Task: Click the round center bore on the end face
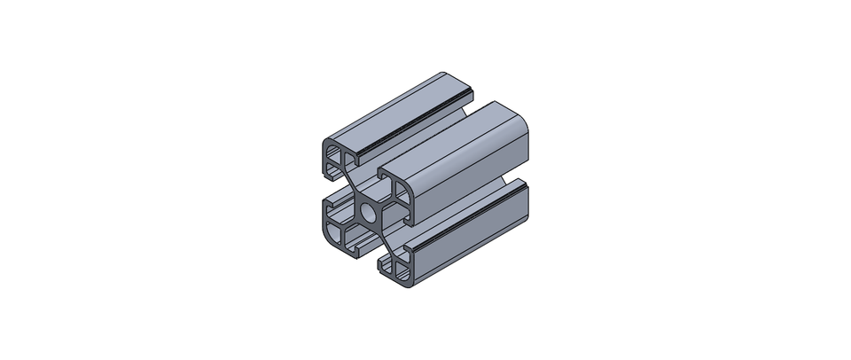(x=369, y=214)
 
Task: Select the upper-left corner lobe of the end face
(x=335, y=159)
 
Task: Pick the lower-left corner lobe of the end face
(x=336, y=232)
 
